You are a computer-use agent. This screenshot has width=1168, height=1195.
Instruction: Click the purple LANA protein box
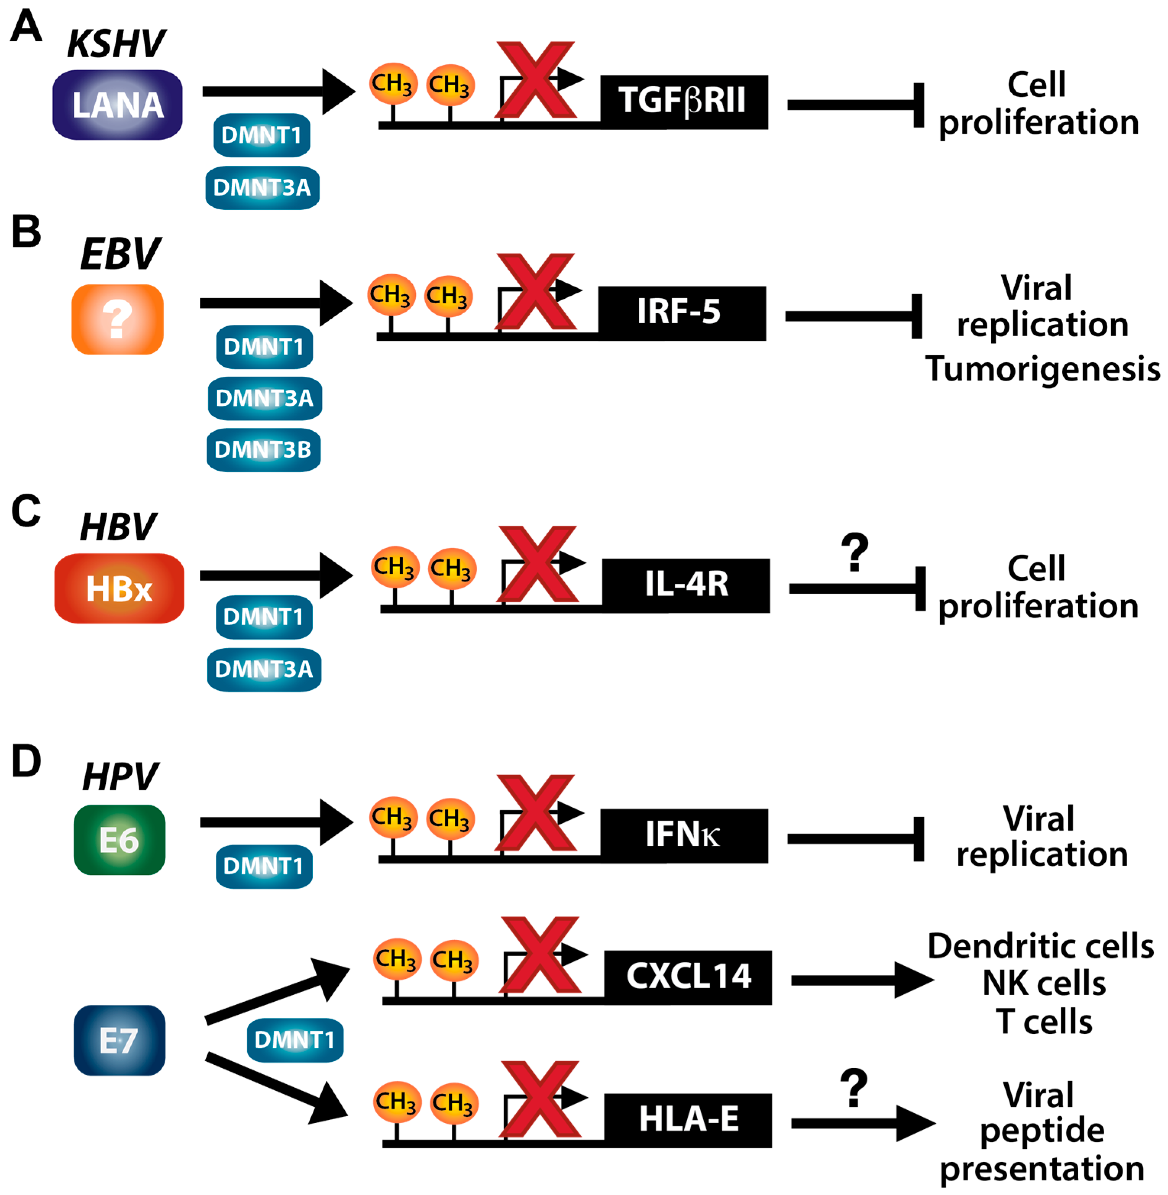117,105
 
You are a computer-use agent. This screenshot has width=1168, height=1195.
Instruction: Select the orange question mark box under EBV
117,319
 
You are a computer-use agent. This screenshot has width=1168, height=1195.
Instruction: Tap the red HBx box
119,589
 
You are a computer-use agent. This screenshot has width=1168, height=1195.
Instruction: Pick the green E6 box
119,840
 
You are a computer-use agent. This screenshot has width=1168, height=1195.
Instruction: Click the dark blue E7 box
119,1040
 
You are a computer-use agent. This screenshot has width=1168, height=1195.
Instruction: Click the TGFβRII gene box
683,102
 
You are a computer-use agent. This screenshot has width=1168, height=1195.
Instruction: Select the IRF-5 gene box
682,313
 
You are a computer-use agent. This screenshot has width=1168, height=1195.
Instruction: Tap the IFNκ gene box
683,836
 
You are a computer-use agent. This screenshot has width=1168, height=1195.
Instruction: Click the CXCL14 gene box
687,977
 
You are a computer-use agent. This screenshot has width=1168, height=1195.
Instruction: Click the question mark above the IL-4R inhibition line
855,552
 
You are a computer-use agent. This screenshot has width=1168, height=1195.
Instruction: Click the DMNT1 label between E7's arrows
295,1040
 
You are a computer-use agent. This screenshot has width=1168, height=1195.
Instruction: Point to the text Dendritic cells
1040,946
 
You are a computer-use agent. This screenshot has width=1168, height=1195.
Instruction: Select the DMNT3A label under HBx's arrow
264,669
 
